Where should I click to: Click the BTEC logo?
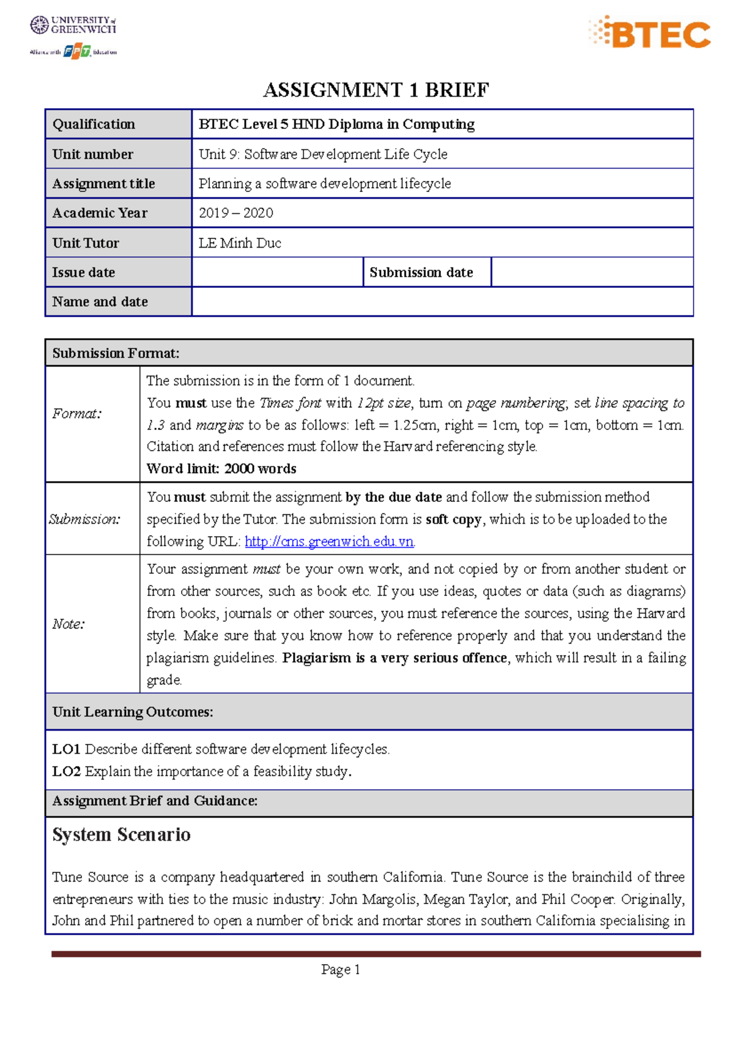[x=650, y=33]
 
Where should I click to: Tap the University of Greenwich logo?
[x=73, y=25]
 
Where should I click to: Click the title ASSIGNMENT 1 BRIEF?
[x=376, y=90]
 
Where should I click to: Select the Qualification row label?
[x=94, y=124]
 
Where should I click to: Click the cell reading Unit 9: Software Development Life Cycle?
[x=323, y=154]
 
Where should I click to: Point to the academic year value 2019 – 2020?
[x=236, y=213]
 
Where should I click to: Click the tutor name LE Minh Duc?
[x=240, y=243]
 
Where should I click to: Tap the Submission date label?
[x=421, y=272]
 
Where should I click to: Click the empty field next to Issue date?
[x=277, y=272]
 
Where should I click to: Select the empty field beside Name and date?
[x=442, y=301]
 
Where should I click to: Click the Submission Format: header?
[x=116, y=353]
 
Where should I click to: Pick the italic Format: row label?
[x=77, y=414]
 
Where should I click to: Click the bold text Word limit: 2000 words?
[x=221, y=468]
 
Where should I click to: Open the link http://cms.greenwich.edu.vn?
[x=329, y=541]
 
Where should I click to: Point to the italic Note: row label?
[x=69, y=624]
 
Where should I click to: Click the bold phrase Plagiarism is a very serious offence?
[x=395, y=658]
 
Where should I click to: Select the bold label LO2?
[x=66, y=771]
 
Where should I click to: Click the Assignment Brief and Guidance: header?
[x=155, y=801]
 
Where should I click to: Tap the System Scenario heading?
[x=121, y=834]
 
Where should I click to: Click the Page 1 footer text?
[x=341, y=970]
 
